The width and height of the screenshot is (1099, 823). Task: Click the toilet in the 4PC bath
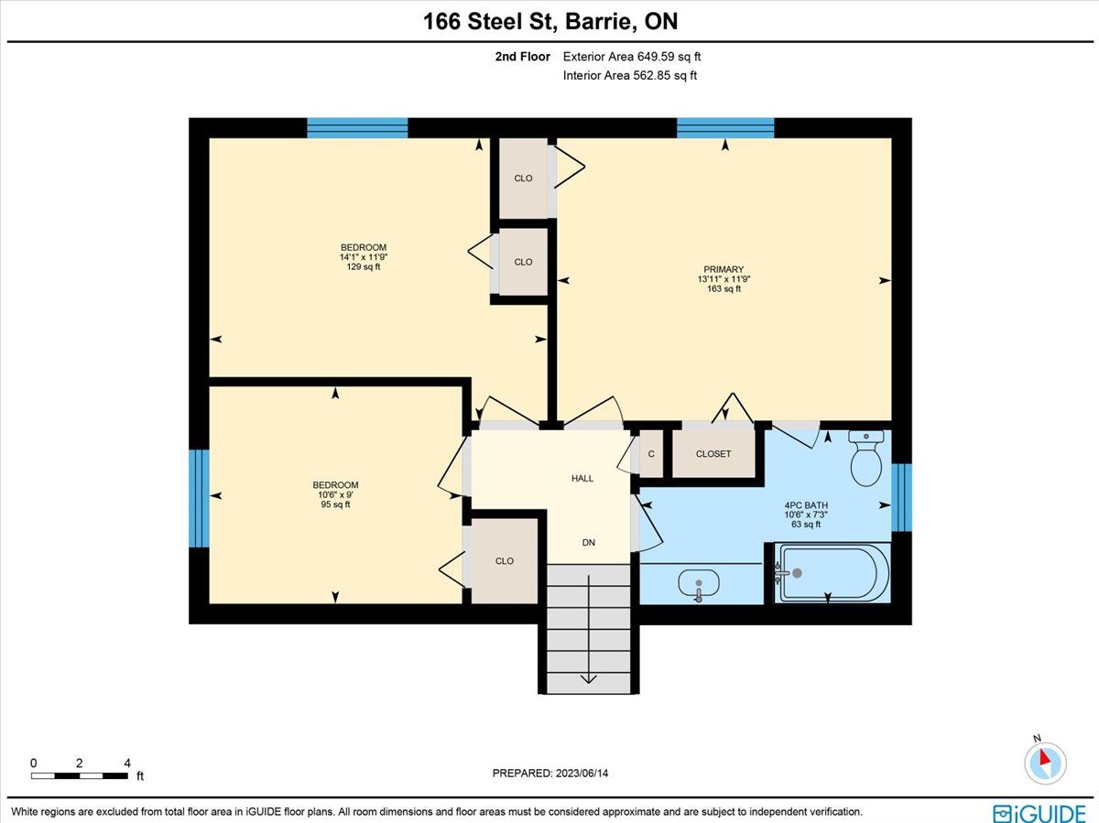point(866,458)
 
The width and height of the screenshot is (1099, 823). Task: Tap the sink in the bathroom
point(699,584)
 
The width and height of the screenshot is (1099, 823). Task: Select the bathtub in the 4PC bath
point(832,573)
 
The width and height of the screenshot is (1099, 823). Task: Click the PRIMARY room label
point(724,269)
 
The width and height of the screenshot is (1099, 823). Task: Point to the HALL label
point(582,478)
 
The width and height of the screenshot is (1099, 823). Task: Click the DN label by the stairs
point(588,542)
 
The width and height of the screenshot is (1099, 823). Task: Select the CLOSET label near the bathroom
point(713,454)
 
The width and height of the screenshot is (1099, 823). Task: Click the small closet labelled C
point(651,454)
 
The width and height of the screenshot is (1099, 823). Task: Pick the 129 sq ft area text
point(364,266)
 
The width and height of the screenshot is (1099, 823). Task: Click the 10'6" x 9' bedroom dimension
point(335,494)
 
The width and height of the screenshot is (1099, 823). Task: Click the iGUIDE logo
point(1039,813)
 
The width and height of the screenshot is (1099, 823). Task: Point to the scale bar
point(79,776)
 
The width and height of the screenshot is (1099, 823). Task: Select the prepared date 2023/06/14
point(582,773)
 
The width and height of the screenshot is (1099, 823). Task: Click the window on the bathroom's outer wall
point(901,497)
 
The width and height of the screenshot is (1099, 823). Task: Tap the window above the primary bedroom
point(725,128)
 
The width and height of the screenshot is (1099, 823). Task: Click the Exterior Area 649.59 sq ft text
point(632,57)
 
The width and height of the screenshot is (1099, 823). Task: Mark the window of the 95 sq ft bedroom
point(199,499)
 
